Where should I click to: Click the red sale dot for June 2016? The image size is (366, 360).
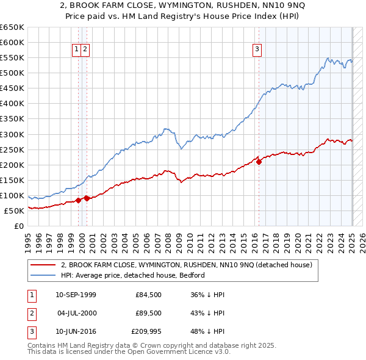259,162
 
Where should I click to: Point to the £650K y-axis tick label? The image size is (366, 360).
12,27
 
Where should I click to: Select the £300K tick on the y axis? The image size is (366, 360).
12,134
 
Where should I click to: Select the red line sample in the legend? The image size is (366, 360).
43,265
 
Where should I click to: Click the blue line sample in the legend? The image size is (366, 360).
43,275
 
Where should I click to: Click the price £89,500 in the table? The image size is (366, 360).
148,314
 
